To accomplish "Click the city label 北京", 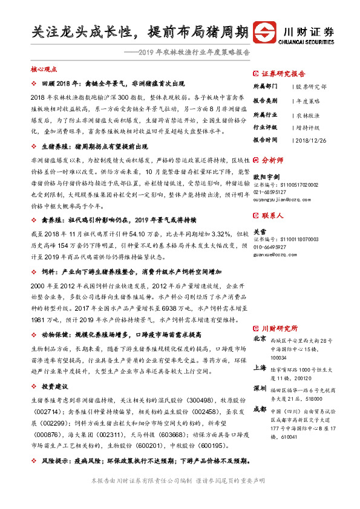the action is point(260,338).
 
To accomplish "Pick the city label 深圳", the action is point(260,387).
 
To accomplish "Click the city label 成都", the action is point(260,409).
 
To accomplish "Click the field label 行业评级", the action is point(265,128).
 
